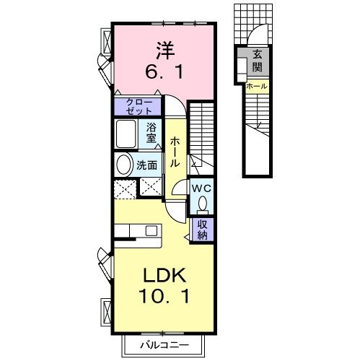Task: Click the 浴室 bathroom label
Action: (152, 132)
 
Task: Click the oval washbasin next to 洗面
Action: (123, 164)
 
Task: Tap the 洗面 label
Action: (147, 165)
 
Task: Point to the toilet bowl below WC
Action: (201, 205)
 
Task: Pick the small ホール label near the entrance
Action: (256, 87)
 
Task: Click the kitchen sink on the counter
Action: (152, 232)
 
